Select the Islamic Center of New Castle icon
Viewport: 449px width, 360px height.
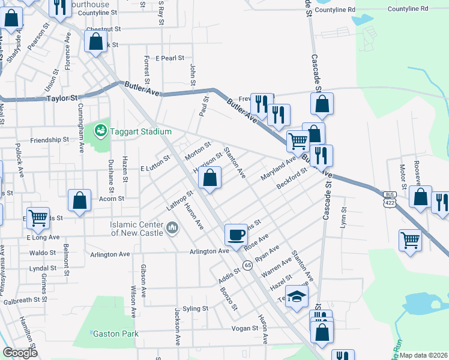coord(173,227)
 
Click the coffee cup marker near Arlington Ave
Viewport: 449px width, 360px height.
coord(236,234)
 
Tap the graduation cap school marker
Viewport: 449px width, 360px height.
coord(296,297)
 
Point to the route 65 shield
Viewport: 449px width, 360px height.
coord(247,265)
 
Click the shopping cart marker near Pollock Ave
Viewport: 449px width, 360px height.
coord(38,218)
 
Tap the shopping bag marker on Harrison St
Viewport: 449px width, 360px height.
coord(209,178)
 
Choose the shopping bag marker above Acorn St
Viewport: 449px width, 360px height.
coord(80,200)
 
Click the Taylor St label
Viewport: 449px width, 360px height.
coord(62,98)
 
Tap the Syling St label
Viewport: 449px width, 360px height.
coord(196,308)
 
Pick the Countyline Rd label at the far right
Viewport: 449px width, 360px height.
coord(408,9)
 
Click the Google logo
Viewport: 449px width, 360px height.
coord(20,353)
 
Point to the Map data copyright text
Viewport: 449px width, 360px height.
coord(424,355)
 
